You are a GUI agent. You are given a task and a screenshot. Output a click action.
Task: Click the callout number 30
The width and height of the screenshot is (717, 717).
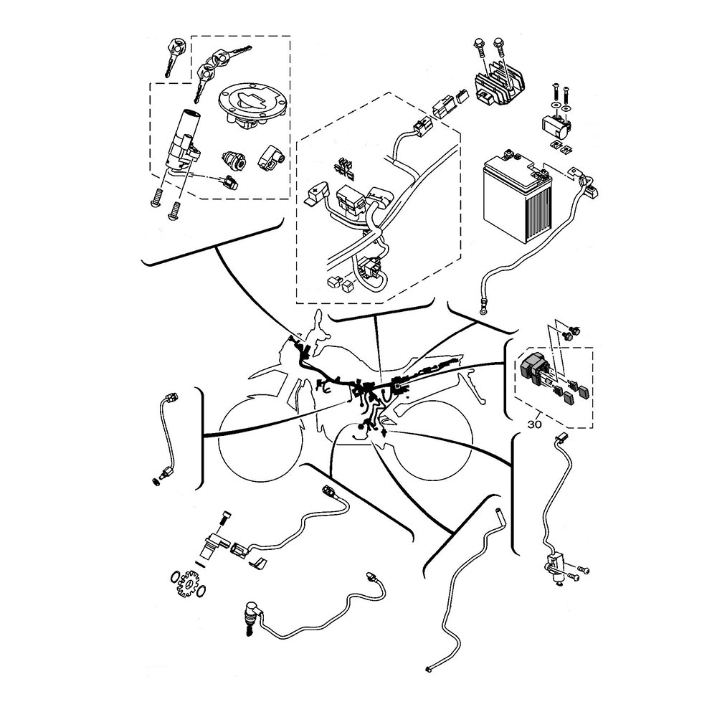533,424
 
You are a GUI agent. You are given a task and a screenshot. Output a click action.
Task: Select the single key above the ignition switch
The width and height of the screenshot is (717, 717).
175,54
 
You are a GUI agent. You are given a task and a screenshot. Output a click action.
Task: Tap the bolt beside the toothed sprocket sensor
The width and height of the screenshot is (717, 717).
224,518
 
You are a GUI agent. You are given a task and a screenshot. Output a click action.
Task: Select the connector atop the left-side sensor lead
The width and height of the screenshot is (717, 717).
171,397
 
